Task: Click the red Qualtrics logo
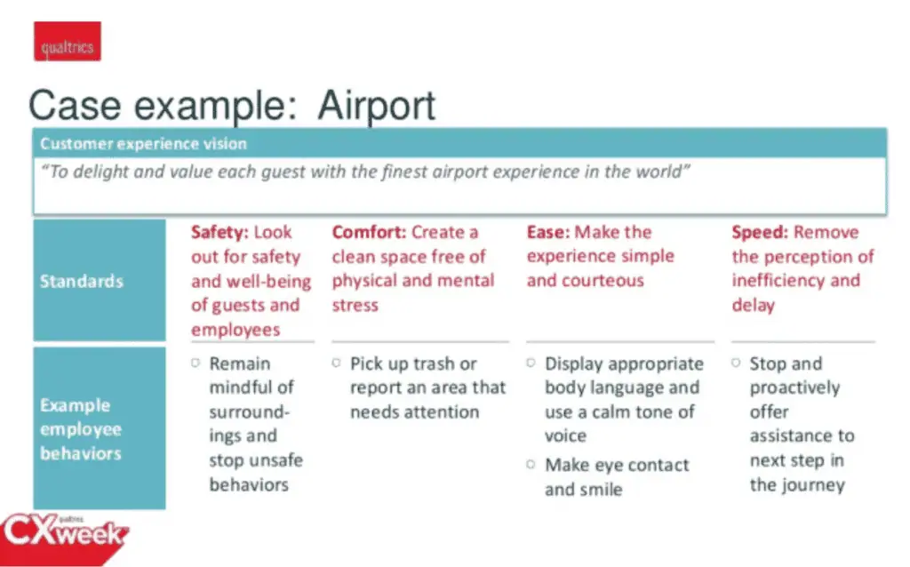pos(68,41)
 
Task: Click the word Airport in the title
pos(377,107)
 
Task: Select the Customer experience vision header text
pos(143,144)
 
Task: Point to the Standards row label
pos(81,282)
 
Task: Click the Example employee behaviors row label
pos(81,429)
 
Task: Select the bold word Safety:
pos(220,232)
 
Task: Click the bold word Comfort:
pos(369,232)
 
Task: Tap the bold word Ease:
pos(547,232)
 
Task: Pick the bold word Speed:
pos(760,233)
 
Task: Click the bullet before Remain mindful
pos(196,363)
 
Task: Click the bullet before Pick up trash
pos(336,363)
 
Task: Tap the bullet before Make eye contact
pos(531,464)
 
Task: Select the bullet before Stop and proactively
pos(735,363)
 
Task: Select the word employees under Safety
pos(235,331)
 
